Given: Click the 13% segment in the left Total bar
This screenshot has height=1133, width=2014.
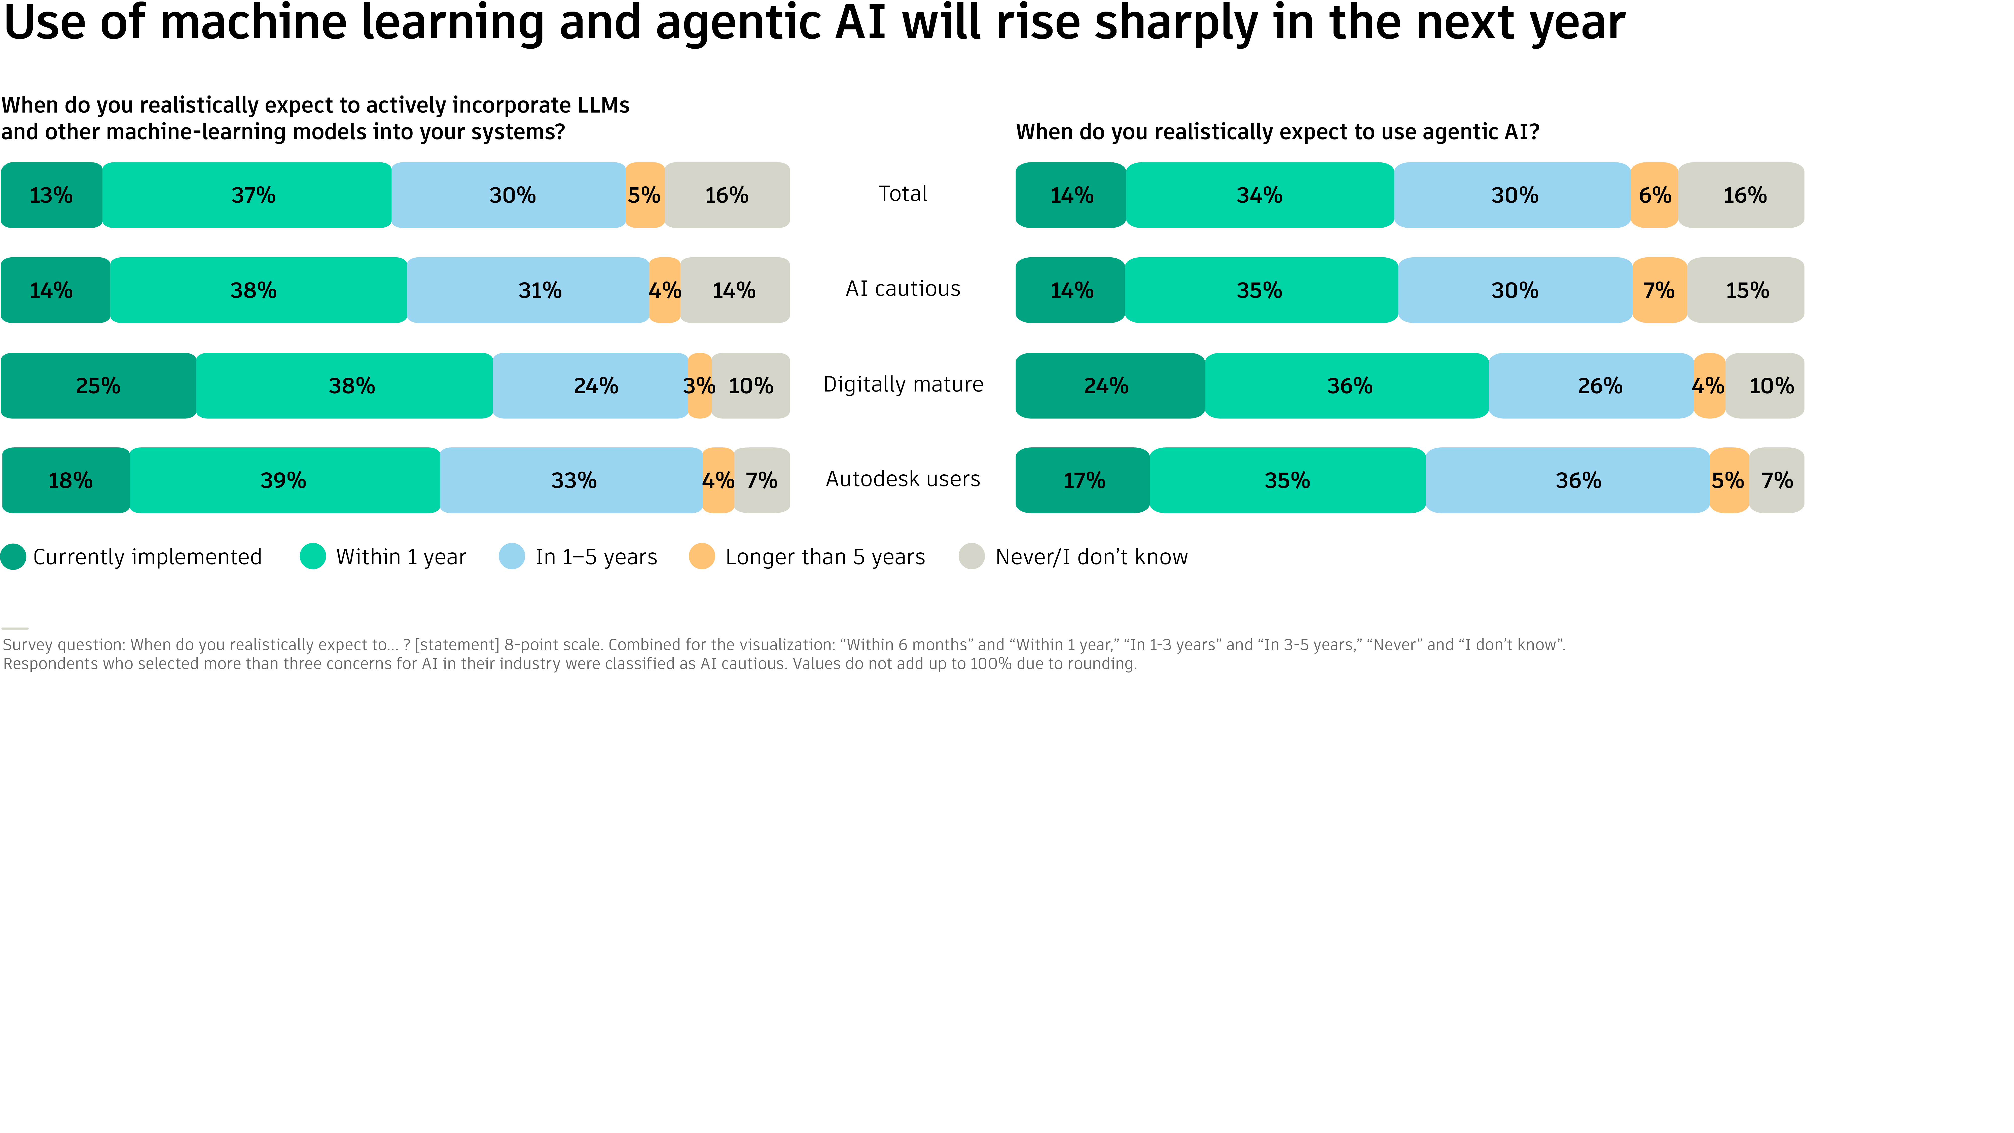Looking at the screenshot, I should (52, 195).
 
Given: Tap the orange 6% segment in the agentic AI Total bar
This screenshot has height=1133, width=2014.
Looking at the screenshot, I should (1654, 195).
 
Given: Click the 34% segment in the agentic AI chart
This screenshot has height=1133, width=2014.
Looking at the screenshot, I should (1260, 195).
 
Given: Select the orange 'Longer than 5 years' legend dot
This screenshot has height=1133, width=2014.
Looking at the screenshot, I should (701, 557).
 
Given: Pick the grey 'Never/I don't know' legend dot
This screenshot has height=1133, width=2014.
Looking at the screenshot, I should (971, 557).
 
